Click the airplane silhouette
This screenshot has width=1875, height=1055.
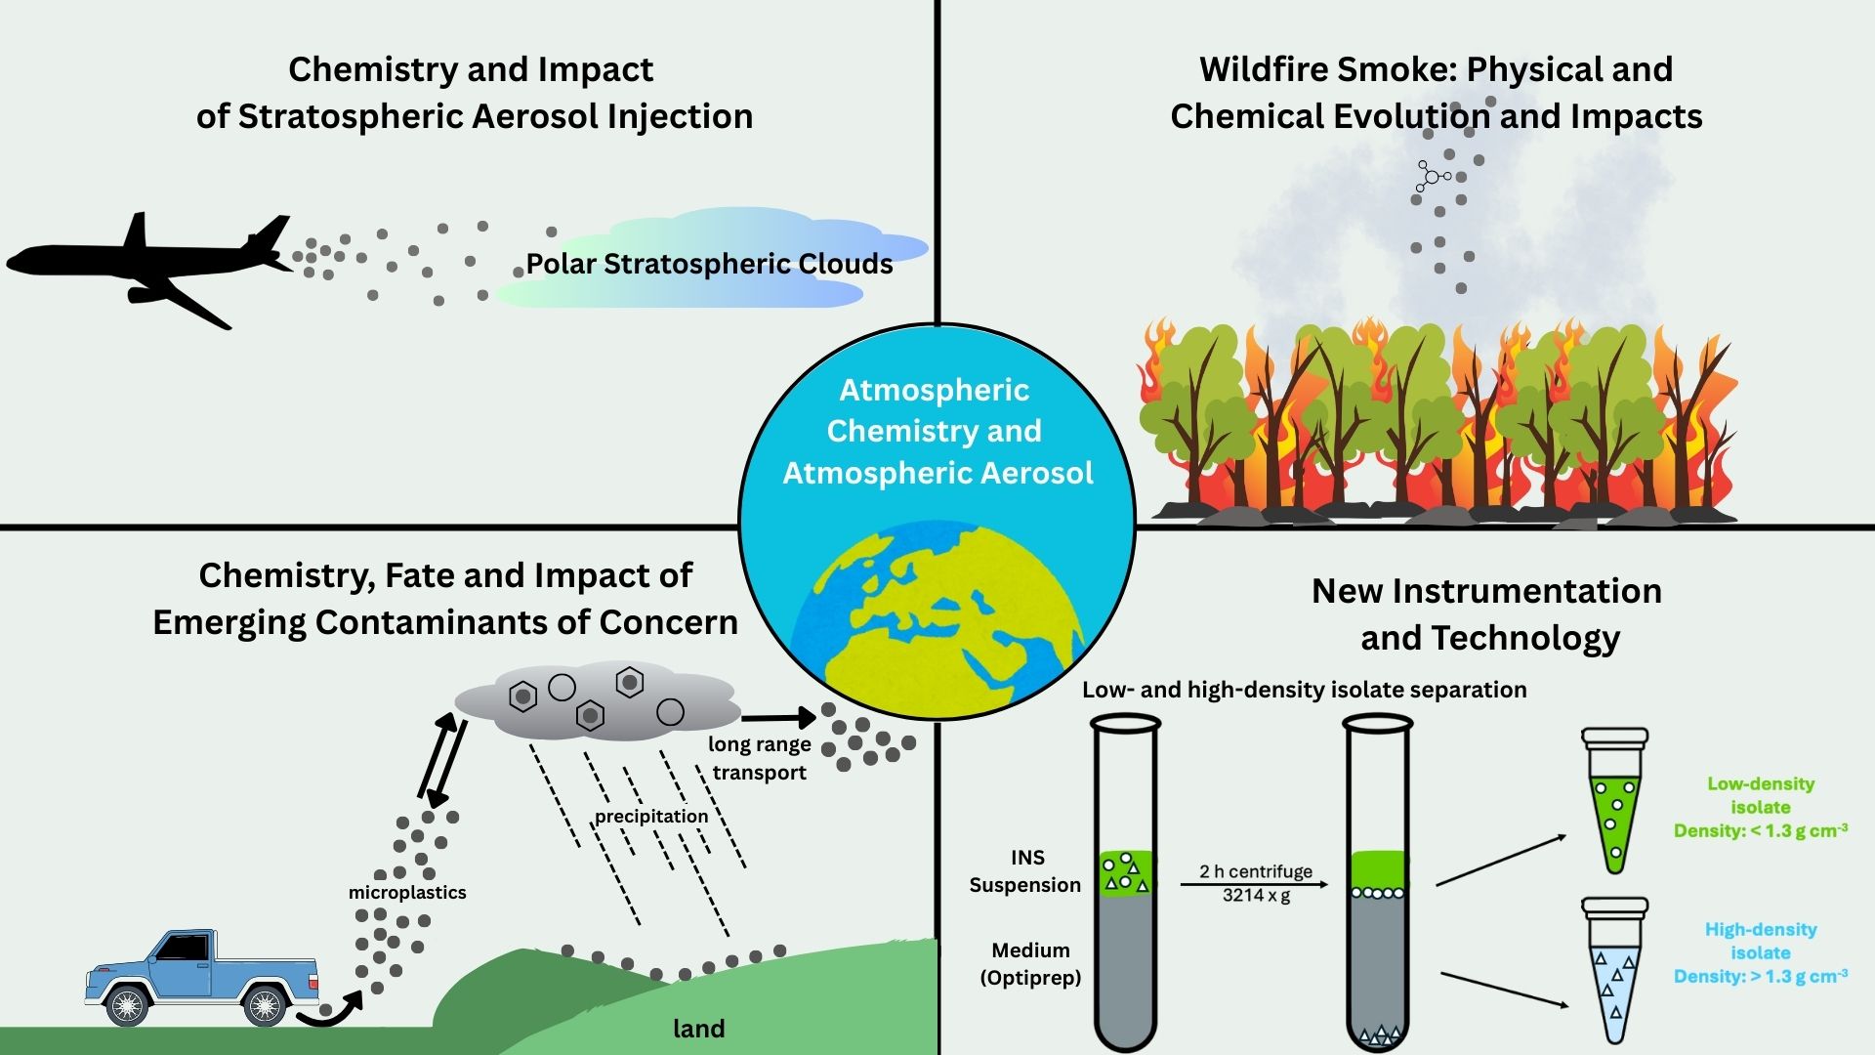[x=146, y=264]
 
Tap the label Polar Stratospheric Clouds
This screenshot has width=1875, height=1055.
[x=709, y=264]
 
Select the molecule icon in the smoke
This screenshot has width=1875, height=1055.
[x=1432, y=177]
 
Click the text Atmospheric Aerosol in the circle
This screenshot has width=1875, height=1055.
[x=937, y=473]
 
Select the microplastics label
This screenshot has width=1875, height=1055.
[x=407, y=892]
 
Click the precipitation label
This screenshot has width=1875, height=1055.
[x=651, y=816]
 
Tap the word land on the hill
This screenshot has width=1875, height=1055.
[x=699, y=1028]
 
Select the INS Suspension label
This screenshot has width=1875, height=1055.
[x=1025, y=870]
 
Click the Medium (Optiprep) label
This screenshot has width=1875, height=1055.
[x=1030, y=963]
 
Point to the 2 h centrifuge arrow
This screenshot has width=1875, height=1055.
[x=1255, y=884]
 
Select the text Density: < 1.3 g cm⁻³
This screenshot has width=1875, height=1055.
[x=1760, y=830]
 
